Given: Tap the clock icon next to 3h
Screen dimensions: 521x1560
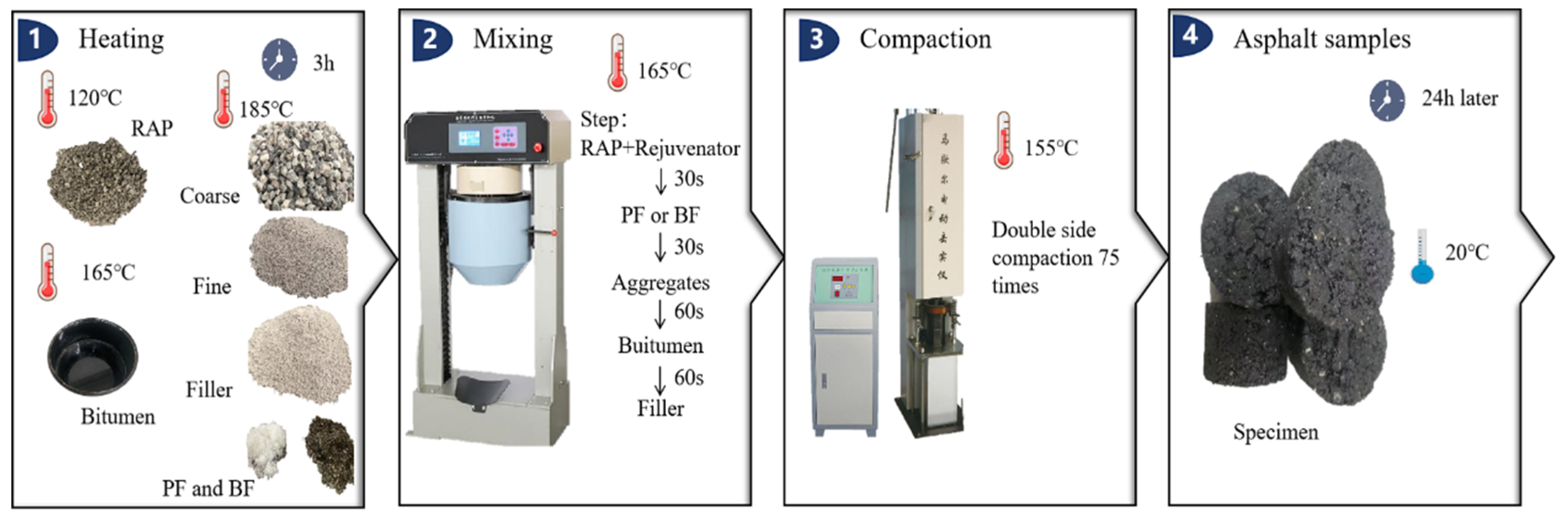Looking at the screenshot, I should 279,60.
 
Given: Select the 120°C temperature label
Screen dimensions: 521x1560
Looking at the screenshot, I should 95,98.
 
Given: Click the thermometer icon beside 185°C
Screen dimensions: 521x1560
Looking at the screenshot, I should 223,99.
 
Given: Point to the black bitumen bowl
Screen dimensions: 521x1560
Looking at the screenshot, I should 93,359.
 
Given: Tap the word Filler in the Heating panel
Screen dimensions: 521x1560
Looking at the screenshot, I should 209,389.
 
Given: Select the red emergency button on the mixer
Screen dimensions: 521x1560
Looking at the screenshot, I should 536,147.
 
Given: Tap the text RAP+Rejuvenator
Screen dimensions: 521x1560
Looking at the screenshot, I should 660,148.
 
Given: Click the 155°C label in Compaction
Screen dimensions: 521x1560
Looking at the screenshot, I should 1051,148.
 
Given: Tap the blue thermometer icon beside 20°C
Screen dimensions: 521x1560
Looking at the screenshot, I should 1421,256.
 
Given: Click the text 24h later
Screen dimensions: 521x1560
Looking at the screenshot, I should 1460,98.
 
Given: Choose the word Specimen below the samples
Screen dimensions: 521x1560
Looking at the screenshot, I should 1275,432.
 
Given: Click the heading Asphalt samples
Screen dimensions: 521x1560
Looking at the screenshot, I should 1322,39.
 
